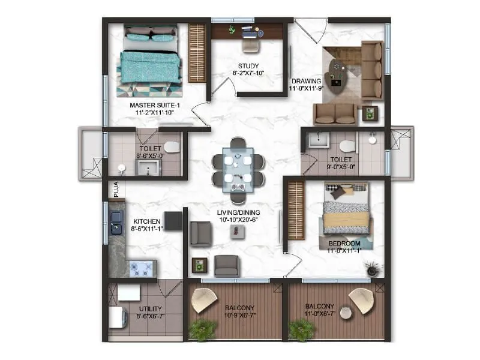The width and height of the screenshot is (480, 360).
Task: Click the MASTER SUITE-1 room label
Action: click(155, 106)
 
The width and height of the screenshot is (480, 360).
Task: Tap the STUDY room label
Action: click(247, 65)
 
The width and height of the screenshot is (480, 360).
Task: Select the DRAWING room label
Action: click(306, 80)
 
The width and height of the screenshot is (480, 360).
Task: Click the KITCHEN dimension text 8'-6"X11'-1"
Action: click(146, 229)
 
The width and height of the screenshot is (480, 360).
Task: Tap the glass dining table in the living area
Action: click(238, 169)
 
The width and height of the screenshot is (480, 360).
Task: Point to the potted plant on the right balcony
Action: click(301, 329)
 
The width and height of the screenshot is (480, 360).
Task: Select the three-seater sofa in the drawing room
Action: click(371, 71)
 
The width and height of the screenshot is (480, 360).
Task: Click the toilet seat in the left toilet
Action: click(171, 147)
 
